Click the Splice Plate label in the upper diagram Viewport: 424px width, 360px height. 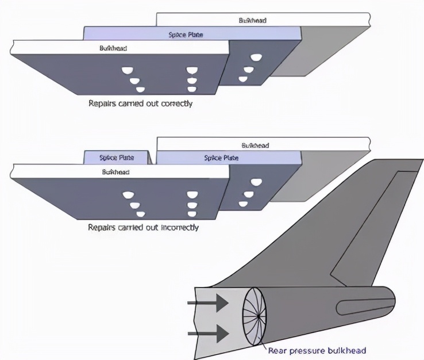click(x=185, y=35)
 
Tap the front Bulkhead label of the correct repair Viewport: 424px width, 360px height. click(x=113, y=48)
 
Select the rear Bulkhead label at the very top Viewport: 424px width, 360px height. click(x=252, y=20)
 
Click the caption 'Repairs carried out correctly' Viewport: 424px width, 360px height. click(x=140, y=104)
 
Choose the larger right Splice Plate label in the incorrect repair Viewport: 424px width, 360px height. click(x=221, y=158)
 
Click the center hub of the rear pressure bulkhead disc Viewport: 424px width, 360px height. click(x=259, y=315)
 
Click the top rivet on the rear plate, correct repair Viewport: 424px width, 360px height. click(x=257, y=57)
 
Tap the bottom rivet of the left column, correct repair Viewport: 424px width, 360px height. click(x=140, y=89)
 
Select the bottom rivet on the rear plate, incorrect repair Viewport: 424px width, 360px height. click(x=244, y=204)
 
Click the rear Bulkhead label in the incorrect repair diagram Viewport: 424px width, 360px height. click(x=255, y=145)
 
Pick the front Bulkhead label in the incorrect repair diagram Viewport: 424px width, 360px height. click(x=115, y=172)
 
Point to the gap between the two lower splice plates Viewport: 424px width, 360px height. click(x=153, y=158)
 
